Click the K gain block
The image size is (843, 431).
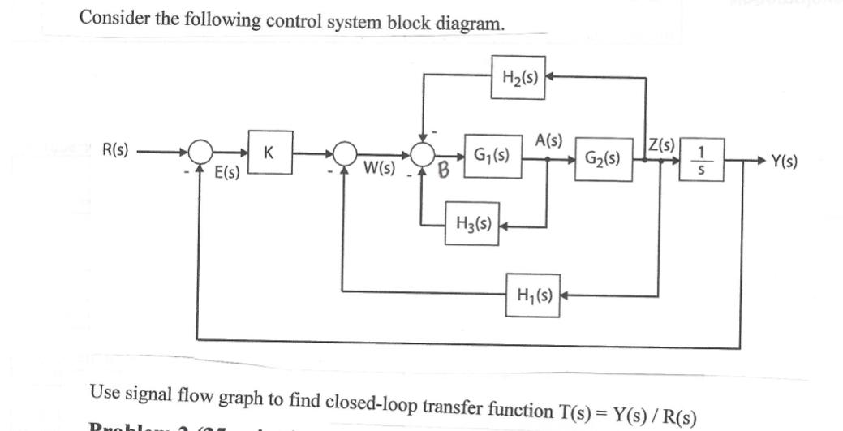pyautogui.click(x=269, y=153)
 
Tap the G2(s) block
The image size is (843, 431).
pyautogui.click(x=603, y=158)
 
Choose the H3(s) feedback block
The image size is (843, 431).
pyautogui.click(x=472, y=219)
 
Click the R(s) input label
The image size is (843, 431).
pyautogui.click(x=117, y=151)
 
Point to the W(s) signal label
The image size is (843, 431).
pyautogui.click(x=380, y=170)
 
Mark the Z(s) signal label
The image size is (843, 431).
pyautogui.click(x=664, y=145)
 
